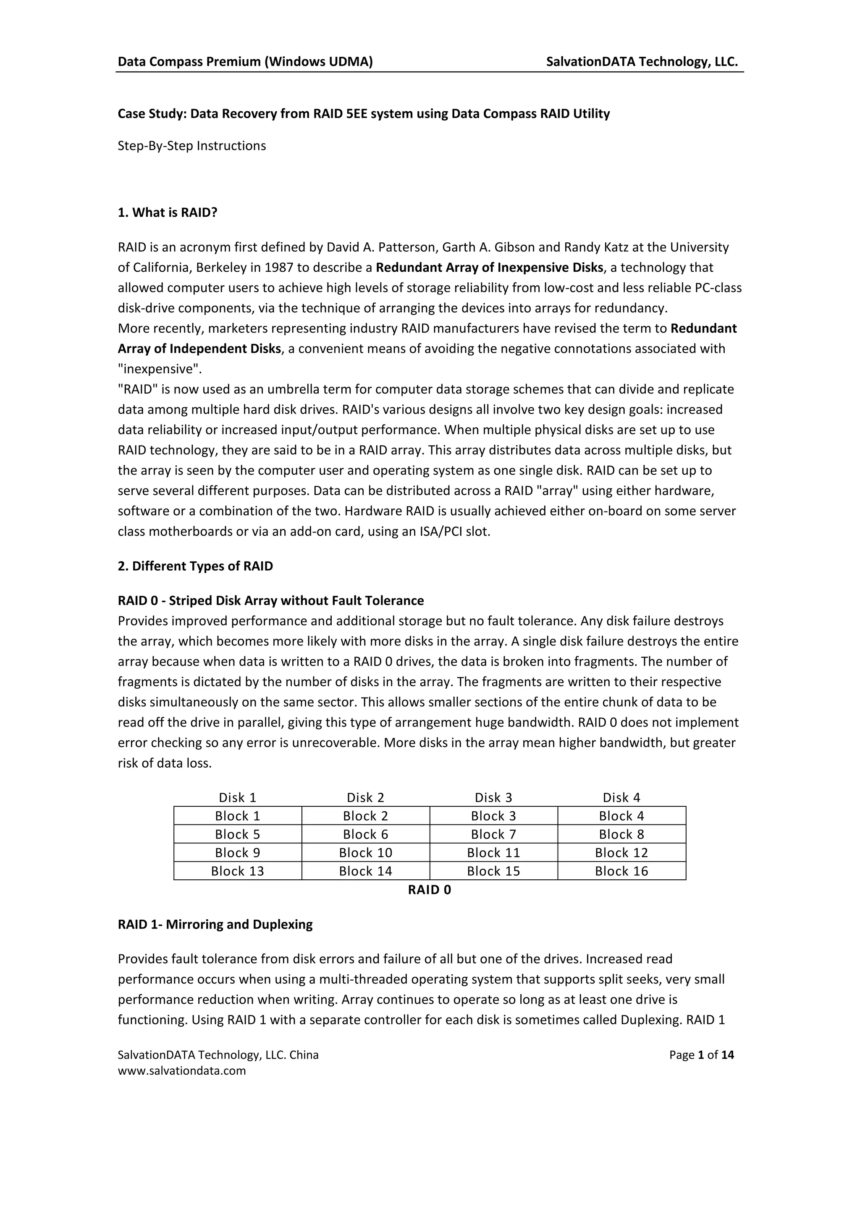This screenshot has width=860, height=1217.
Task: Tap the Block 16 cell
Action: coord(621,871)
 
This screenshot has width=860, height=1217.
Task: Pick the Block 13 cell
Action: coord(237,871)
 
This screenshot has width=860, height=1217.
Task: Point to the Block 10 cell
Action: coord(366,852)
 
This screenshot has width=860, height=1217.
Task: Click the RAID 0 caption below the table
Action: coord(429,889)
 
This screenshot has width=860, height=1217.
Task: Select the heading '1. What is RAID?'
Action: coord(168,212)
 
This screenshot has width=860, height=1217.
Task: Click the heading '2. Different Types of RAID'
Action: coord(195,566)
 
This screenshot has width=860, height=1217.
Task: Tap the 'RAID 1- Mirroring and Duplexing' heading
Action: coord(215,924)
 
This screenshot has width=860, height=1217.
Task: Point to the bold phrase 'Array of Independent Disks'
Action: coord(199,349)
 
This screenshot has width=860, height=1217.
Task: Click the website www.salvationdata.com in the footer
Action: coord(182,1070)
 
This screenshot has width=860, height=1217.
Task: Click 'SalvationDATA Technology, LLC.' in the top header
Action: coord(642,62)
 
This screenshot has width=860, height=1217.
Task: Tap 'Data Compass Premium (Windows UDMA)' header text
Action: coord(245,62)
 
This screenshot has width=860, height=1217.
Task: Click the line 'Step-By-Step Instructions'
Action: coord(192,146)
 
